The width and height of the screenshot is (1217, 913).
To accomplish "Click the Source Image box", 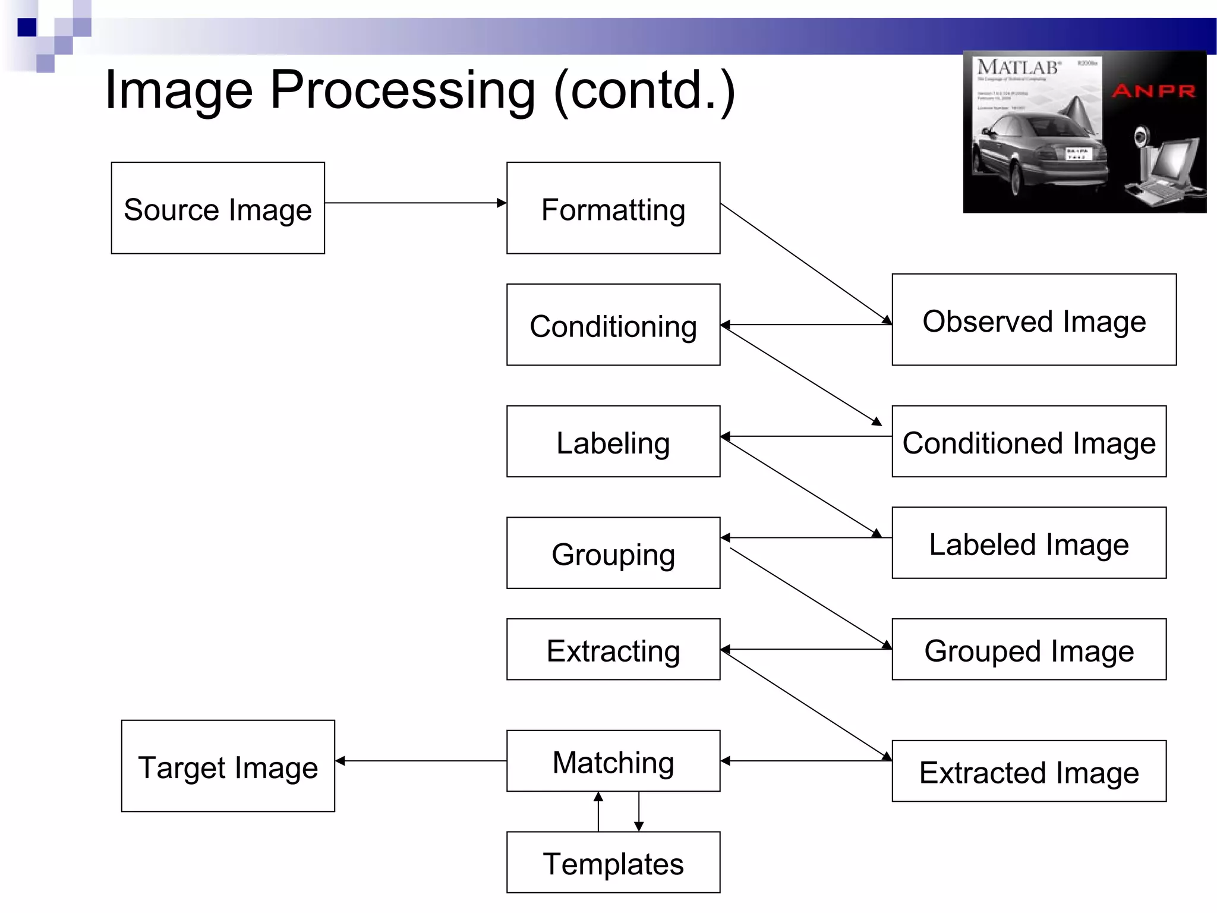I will [x=217, y=208].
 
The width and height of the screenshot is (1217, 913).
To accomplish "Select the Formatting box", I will [x=613, y=208].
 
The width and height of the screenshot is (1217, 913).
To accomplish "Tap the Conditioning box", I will [x=613, y=325].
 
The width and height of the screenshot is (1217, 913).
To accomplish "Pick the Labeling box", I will [x=613, y=442].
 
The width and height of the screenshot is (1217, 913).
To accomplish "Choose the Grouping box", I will [x=613, y=553].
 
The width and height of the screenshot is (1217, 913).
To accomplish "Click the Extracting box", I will [x=613, y=649].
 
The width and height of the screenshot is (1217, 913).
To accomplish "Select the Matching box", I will [x=613, y=761].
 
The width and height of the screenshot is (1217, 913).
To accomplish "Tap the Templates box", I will [x=613, y=862].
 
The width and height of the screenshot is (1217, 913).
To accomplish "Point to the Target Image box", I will [x=228, y=766].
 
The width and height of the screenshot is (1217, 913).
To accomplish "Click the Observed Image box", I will [x=1033, y=320].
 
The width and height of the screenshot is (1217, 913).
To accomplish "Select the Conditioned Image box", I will [x=1029, y=442].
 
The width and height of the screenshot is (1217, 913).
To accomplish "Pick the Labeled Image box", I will [x=1029, y=543].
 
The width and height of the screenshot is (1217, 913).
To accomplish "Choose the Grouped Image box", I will [x=1029, y=649].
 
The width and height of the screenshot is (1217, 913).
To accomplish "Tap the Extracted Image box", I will [x=1029, y=771].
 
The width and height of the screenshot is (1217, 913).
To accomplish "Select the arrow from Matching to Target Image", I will [x=421, y=760].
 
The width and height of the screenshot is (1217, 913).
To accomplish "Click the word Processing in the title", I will [x=402, y=90].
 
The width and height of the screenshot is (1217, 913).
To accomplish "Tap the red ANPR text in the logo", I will [x=1153, y=91].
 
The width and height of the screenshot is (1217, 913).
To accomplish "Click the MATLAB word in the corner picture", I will [x=1018, y=67].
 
